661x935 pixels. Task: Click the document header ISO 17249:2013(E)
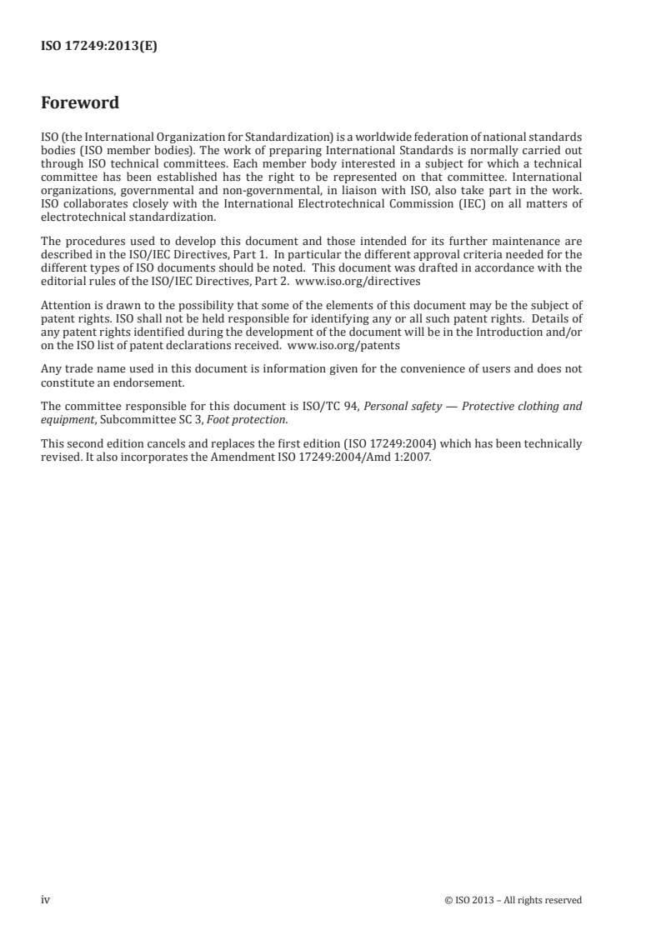tap(99, 47)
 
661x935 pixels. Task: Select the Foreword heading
tap(80, 103)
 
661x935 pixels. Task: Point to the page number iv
tap(45, 899)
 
